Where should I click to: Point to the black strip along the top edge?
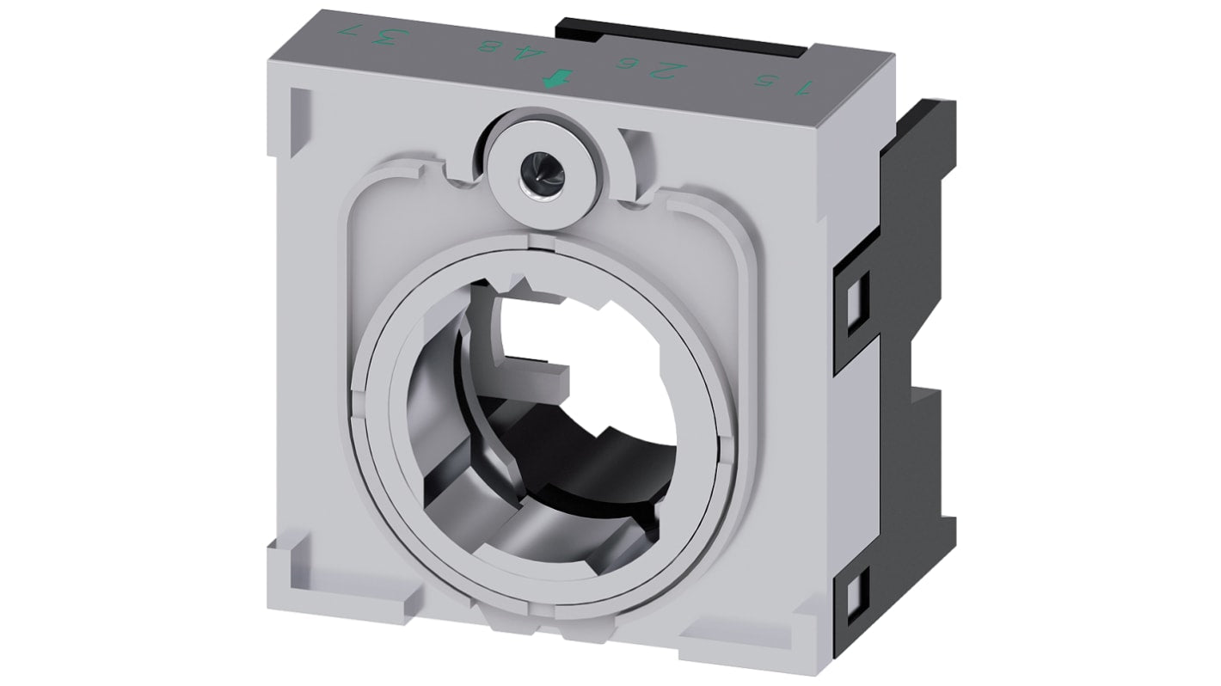(688, 36)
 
